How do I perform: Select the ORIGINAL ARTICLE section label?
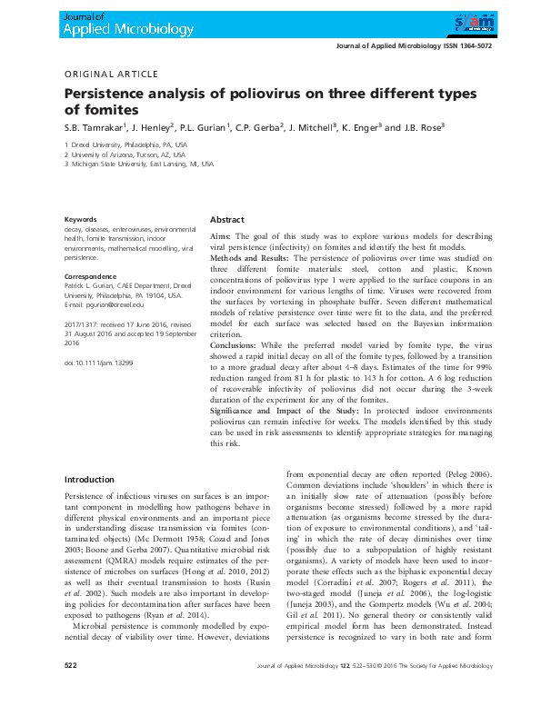[x=111, y=75]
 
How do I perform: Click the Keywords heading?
[x=82, y=219]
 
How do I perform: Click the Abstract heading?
[x=226, y=220]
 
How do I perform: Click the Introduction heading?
[x=89, y=479]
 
